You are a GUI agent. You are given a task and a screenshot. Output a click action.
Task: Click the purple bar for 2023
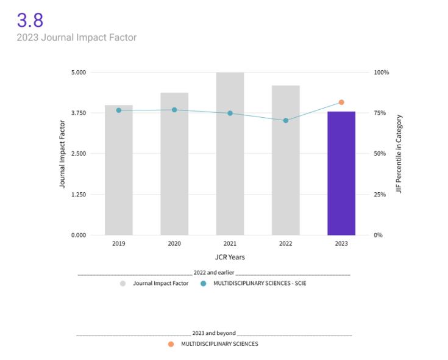pos(341,173)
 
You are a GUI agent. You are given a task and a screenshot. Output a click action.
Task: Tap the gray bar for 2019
pos(119,170)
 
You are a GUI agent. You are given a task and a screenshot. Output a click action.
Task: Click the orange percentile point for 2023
pos(341,102)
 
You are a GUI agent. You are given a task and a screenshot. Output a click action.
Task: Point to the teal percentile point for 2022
pos(285,120)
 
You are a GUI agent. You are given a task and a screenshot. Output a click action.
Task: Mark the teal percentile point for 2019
pos(119,110)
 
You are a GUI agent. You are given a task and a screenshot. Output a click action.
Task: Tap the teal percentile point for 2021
pos(230,113)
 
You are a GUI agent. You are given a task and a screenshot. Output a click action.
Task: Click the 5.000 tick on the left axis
pos(79,73)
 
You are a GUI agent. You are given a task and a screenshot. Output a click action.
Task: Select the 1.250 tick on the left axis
pos(79,195)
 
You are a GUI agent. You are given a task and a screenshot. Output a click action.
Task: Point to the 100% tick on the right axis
pos(381,73)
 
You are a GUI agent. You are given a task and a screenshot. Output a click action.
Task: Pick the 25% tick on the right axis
pos(379,195)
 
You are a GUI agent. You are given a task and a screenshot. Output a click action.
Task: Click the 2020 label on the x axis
pos(174,244)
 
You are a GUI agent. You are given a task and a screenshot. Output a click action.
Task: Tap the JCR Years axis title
pos(230,257)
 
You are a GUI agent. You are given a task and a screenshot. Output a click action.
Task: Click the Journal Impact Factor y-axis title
pos(62,154)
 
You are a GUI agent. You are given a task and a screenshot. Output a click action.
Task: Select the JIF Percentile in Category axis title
pos(399,154)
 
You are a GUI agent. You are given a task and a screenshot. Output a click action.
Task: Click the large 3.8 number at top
pos(30,20)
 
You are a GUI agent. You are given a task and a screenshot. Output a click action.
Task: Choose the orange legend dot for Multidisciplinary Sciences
pos(171,344)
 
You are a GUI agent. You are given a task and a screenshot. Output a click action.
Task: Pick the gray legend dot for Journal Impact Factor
pos(123,283)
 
